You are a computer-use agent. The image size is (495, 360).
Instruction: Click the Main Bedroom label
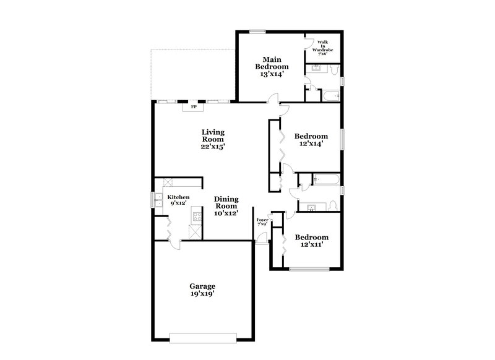(x=272, y=62)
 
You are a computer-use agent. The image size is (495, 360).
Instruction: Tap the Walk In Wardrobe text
(x=322, y=48)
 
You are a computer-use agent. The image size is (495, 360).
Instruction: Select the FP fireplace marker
(x=194, y=107)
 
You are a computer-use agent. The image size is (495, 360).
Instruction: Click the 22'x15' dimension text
(x=212, y=147)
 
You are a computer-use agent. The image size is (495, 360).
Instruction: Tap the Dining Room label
(x=226, y=202)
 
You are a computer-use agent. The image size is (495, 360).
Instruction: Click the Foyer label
(x=262, y=219)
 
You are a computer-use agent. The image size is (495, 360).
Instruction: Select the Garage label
(x=202, y=286)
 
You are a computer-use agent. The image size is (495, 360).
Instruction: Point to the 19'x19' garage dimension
(x=202, y=295)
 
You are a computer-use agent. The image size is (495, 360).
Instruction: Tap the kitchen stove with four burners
(x=197, y=216)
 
